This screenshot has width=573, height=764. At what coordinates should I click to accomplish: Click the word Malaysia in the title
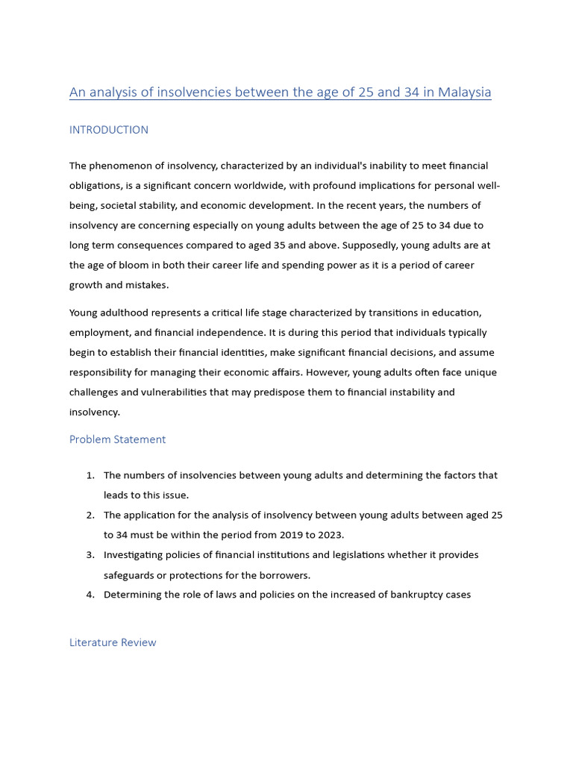464,93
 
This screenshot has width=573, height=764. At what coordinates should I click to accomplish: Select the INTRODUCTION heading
109,130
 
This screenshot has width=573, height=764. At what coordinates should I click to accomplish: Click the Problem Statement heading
117,439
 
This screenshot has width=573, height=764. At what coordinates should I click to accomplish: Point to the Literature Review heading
113,642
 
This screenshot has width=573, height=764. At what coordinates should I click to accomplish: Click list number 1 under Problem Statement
90,475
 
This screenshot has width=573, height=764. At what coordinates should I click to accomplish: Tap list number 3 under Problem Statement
90,555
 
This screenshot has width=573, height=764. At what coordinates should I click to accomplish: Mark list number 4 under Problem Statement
90,595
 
